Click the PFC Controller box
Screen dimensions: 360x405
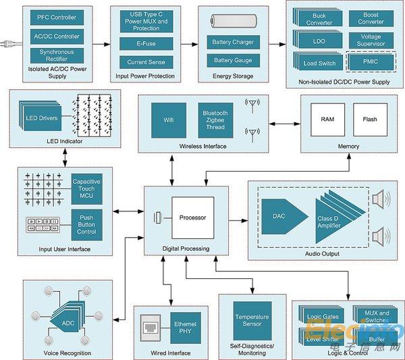coord(57,18)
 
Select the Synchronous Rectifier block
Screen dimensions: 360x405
coord(57,55)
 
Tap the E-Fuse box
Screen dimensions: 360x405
coord(146,43)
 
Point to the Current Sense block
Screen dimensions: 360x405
coord(146,62)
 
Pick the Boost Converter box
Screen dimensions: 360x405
coord(371,18)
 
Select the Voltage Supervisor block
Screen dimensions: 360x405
coord(371,41)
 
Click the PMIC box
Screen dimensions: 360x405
coord(371,63)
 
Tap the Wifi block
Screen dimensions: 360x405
coord(168,120)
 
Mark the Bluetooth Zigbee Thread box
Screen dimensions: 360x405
coord(215,120)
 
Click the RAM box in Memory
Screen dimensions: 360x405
coord(327,120)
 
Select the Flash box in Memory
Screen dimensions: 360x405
coord(370,120)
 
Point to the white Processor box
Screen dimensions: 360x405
coord(192,217)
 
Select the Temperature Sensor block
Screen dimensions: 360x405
coord(252,320)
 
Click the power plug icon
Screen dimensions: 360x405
coord(9,44)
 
